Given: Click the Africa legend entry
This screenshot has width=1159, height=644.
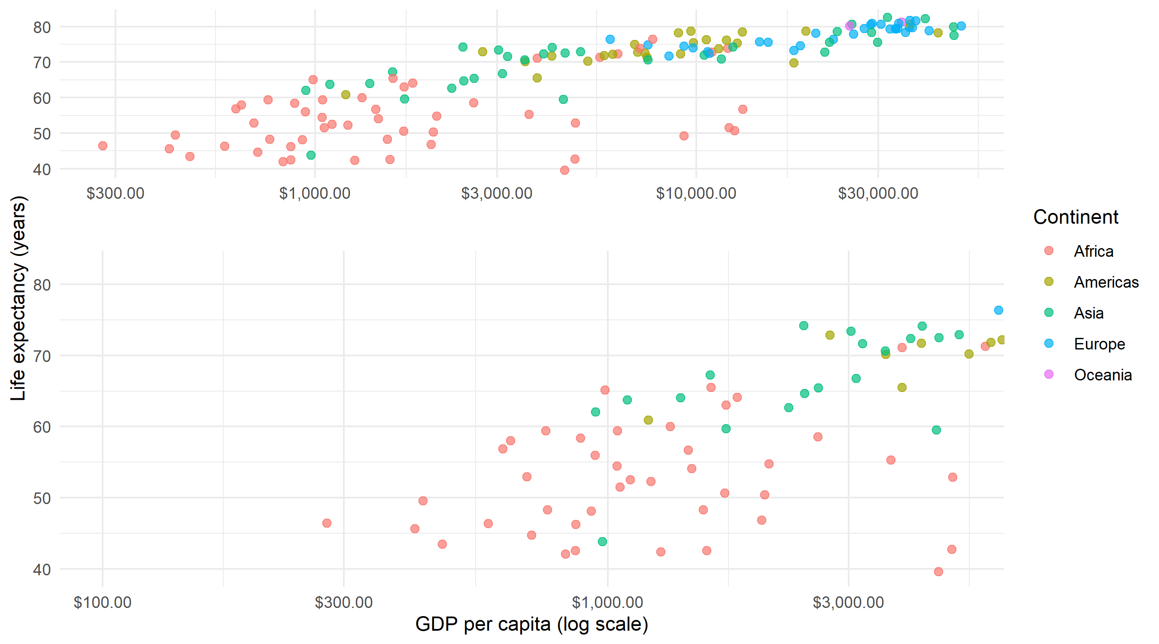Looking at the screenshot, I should pos(1093,251).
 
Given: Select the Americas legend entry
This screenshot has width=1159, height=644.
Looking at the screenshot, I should pos(1105,282).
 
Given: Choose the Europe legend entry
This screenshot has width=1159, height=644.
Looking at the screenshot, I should pos(1099,344).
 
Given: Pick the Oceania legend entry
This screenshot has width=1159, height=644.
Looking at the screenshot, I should pos(1102,375).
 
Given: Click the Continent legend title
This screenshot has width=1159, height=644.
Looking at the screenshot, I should pos(1075,217).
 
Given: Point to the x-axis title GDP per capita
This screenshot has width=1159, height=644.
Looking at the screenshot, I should pos(531,624).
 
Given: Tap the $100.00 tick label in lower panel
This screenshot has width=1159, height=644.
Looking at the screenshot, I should pos(103,602).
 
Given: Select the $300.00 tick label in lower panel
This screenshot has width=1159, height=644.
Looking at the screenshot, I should pos(344,602).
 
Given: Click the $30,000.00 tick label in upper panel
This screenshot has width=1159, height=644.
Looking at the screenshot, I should pos(878,193).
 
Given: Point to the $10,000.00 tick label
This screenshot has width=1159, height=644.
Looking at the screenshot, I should pos(696,193).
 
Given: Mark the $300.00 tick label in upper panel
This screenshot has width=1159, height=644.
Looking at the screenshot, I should pos(115,193).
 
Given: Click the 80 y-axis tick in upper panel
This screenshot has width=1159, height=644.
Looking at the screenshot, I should pos(42,27).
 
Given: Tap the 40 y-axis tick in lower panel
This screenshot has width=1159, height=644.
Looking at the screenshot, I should pos(42,570).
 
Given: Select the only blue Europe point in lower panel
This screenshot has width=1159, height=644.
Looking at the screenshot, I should pos(998,310).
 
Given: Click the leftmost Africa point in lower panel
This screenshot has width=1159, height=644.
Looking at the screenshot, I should pos(327,523).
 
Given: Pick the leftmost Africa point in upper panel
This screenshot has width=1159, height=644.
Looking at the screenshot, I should pos(103,146).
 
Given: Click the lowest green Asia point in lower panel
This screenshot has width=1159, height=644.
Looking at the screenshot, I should pos(602,541).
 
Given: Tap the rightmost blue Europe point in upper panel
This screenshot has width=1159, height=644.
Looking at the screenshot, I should pos(961,26).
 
